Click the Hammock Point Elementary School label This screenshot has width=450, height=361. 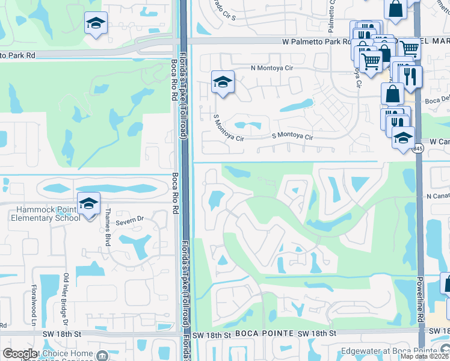[x=40, y=214]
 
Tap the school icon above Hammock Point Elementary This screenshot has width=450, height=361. [x=88, y=204]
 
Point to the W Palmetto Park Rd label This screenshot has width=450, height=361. [x=316, y=42]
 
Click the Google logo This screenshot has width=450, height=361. [x=20, y=353]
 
